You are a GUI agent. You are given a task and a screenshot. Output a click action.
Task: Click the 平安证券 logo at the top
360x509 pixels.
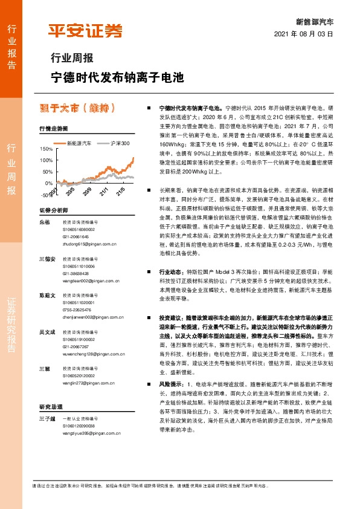tap(85, 30)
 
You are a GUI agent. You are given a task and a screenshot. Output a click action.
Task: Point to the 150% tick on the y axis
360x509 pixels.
tap(46, 148)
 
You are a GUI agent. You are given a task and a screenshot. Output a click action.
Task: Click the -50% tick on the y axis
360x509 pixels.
tap(46, 195)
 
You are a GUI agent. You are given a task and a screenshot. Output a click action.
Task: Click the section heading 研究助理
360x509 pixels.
tap(50, 406)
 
